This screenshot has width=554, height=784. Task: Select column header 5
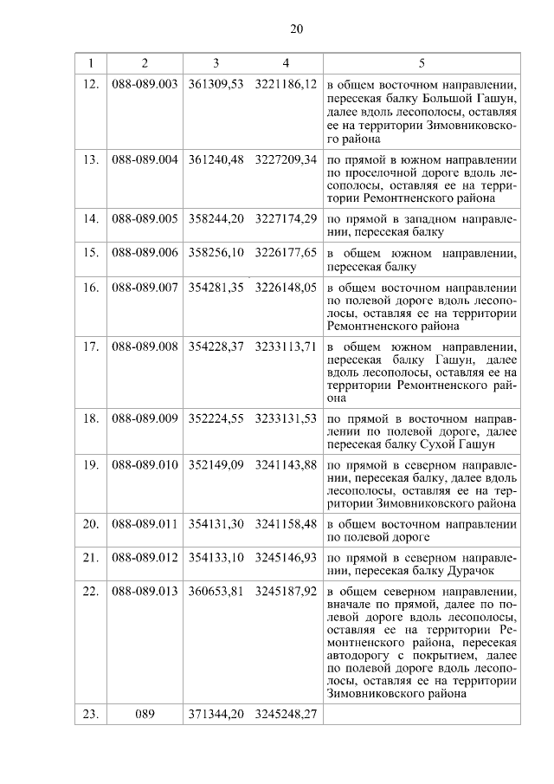[422, 63]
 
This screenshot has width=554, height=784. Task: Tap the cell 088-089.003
[145, 86]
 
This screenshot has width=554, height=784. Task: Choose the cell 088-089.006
[145, 252]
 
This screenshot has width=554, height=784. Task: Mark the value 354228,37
[216, 346]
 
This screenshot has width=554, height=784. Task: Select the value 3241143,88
[287, 466]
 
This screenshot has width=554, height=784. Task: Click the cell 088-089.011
[145, 524]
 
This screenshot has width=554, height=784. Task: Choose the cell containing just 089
[145, 715]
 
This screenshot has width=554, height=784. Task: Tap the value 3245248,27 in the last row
[287, 715]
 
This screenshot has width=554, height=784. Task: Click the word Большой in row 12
[426, 100]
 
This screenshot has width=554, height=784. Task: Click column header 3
[216, 63]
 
